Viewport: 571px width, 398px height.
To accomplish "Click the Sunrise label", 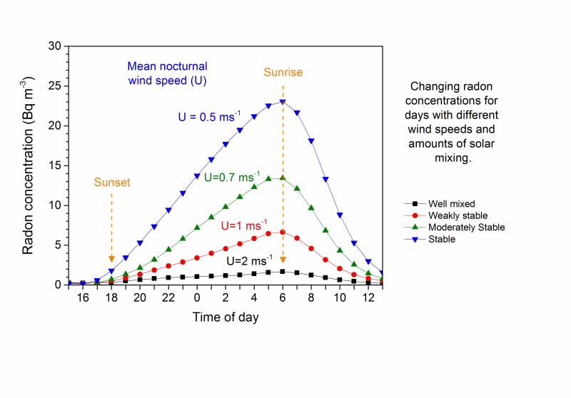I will [x=283, y=73].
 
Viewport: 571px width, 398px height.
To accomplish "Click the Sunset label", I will [x=111, y=183].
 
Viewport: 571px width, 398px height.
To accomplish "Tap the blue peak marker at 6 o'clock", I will [x=283, y=102].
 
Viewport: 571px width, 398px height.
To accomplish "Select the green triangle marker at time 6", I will [x=283, y=178].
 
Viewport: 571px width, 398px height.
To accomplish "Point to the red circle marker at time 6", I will [x=283, y=232].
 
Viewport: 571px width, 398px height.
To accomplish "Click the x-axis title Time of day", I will [x=226, y=317].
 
